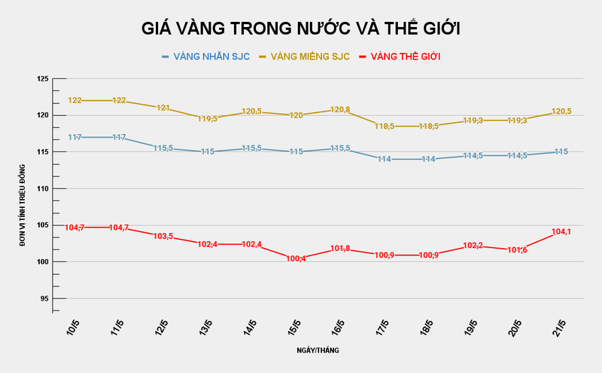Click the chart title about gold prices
point(301,29)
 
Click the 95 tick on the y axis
point(44,298)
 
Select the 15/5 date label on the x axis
point(294,329)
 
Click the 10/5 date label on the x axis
point(74,329)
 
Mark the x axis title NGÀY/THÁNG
point(318,350)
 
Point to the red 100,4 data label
point(296,258)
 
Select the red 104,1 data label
point(561,232)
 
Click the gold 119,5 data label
point(207,118)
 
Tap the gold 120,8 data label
point(339,110)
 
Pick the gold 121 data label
point(163,108)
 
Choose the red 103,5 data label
point(163,237)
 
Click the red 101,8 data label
point(339,249)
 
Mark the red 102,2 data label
point(473,246)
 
